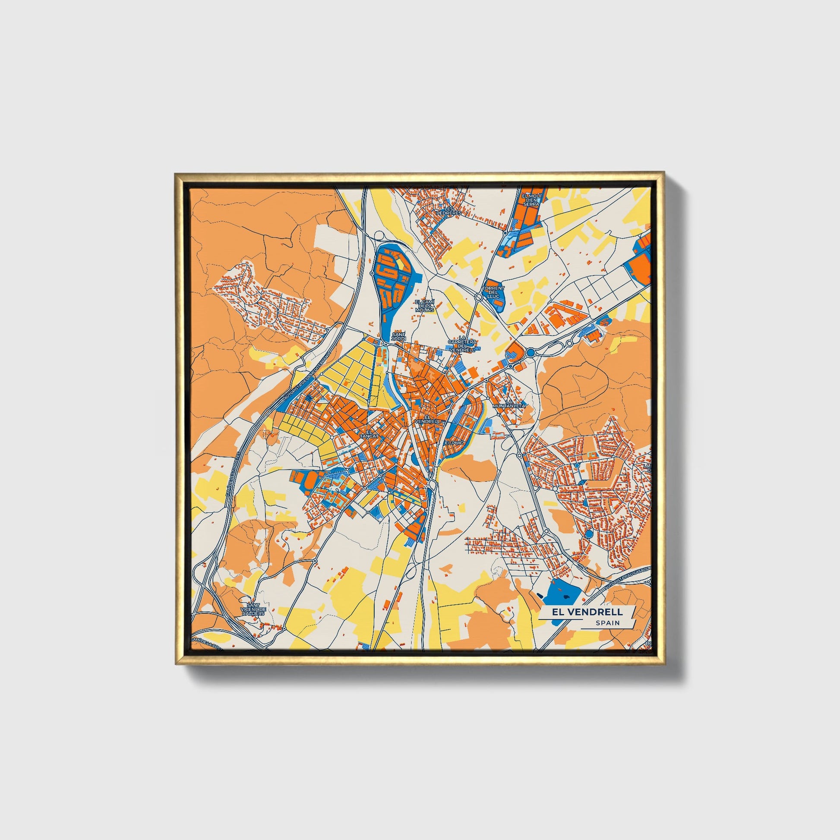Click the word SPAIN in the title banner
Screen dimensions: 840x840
[x=608, y=622]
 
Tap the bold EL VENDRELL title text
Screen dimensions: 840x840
[x=587, y=612]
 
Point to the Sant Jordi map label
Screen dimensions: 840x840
[x=398, y=336]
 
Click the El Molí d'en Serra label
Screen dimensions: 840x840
[x=531, y=200]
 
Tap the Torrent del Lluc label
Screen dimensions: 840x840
[x=493, y=292]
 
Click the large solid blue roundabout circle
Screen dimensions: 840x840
[x=531, y=352]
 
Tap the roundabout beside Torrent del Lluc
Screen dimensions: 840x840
[x=479, y=297]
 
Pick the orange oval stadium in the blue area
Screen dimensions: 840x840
[x=311, y=480]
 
